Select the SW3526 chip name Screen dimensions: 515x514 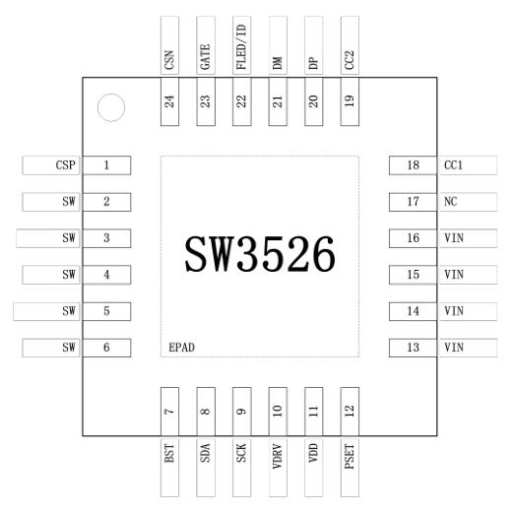tap(260, 254)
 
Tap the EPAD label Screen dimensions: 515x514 tap(181, 348)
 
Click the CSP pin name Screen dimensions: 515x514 tap(65, 164)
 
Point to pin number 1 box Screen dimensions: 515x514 tap(106, 165)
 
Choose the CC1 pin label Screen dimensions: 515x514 tap(453, 164)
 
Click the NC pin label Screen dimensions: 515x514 tap(450, 201)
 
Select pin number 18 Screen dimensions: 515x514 tap(413, 164)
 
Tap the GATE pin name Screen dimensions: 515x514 tap(205, 57)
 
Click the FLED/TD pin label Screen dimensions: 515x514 tap(241, 46)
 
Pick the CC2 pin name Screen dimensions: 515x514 tap(350, 60)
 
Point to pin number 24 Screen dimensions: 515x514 tap(169, 101)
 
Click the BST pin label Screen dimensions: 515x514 tap(169, 453)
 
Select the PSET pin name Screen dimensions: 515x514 tap(350, 457)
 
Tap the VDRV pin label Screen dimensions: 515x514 tap(278, 457)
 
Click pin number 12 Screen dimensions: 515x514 tap(350, 411)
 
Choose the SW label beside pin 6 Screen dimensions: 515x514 tap(69, 348)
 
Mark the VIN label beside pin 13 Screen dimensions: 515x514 tap(454, 348)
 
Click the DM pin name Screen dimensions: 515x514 tap(278, 63)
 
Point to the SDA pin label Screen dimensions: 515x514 tap(205, 453)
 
